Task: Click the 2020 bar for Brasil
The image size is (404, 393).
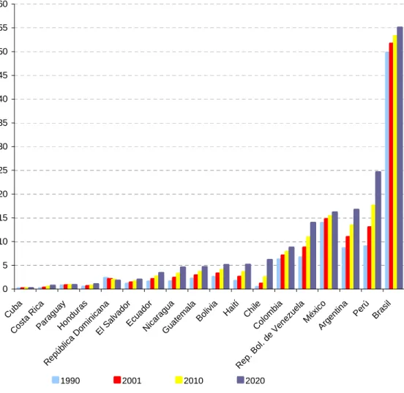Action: click(400, 158)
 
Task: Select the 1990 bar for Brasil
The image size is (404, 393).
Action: click(387, 171)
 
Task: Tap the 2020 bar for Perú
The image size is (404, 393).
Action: click(378, 230)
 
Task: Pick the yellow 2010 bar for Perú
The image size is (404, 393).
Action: click(373, 247)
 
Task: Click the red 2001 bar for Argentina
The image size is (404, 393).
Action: click(348, 262)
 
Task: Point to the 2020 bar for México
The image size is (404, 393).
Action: click(334, 250)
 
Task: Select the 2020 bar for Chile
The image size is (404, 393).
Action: click(270, 274)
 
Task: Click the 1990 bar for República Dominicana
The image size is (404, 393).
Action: click(105, 283)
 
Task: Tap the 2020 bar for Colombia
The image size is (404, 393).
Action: click(291, 268)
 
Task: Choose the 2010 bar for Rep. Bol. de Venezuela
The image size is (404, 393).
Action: click(308, 263)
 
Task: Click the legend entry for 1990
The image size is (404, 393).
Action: click(66, 381)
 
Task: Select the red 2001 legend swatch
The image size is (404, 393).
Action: click(117, 380)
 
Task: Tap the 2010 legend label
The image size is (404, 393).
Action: click(193, 381)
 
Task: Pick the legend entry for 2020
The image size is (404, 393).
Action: click(251, 381)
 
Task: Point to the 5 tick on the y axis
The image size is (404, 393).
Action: click(5, 266)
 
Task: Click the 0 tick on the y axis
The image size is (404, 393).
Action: click(5, 289)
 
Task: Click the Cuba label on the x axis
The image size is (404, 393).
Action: click(13, 309)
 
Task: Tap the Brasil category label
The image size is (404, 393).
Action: click(381, 310)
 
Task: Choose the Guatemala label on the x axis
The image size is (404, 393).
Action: click(179, 317)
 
